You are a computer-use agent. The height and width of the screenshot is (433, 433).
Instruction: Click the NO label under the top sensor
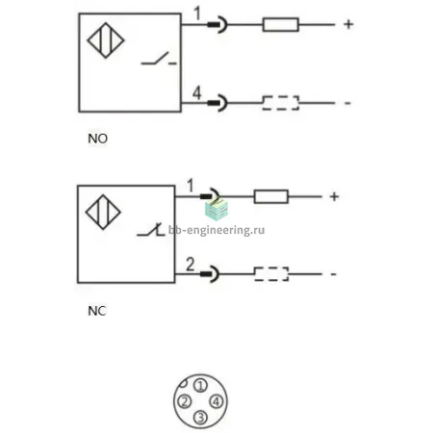point(97,139)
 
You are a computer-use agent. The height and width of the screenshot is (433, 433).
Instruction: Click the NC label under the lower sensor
point(97,311)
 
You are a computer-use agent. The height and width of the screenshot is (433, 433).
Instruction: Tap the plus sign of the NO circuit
point(348,24)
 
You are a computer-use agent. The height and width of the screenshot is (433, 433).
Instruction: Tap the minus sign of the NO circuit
point(347,103)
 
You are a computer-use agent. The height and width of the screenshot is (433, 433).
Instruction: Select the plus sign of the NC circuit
point(334,196)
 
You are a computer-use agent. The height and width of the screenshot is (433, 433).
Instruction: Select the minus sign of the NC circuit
point(334,274)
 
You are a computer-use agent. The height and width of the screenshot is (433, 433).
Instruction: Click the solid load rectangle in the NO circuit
point(281,24)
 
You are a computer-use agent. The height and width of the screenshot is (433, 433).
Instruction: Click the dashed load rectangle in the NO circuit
point(281,103)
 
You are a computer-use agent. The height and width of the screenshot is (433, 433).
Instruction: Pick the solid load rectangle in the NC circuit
point(271,196)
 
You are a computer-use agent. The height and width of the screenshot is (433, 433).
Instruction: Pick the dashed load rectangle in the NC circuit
point(271,274)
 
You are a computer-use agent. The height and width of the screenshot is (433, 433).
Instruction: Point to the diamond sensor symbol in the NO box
point(106,40)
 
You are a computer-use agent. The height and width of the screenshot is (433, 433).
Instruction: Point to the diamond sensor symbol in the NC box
point(103,212)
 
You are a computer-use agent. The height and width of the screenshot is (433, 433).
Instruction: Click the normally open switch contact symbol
point(159,59)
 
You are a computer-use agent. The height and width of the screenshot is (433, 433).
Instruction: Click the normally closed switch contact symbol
point(150,230)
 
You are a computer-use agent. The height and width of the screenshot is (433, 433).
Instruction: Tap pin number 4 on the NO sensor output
point(196,92)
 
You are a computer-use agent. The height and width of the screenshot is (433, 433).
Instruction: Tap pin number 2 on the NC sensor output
point(191,265)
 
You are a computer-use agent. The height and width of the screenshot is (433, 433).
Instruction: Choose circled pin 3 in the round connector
point(200,418)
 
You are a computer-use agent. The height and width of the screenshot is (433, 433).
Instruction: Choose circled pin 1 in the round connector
point(201,386)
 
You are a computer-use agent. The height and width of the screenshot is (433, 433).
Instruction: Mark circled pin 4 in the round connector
point(216,401)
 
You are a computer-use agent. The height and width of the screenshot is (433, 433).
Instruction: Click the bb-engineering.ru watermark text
point(216,230)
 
